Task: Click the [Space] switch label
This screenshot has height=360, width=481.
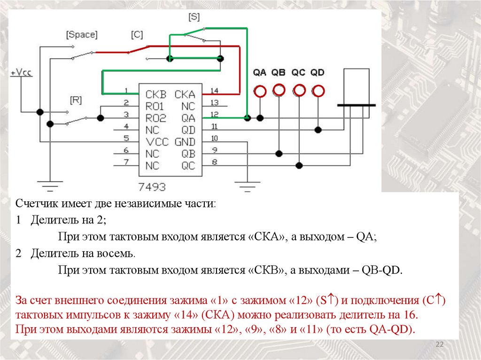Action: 82,35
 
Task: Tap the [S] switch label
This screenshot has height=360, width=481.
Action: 194,17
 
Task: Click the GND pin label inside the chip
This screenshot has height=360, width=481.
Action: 185,142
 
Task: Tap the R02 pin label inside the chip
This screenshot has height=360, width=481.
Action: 155,117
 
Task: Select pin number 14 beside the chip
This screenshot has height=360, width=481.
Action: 214,91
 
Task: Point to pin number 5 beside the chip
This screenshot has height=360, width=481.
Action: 126,138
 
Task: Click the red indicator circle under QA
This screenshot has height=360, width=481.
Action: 260,91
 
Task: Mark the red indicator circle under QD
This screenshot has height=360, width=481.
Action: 318,91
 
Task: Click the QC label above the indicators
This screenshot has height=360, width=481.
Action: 298,73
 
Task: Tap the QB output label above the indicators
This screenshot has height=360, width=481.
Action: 279,73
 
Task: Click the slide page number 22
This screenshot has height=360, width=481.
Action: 440,345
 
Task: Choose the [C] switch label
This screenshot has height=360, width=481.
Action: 137,35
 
